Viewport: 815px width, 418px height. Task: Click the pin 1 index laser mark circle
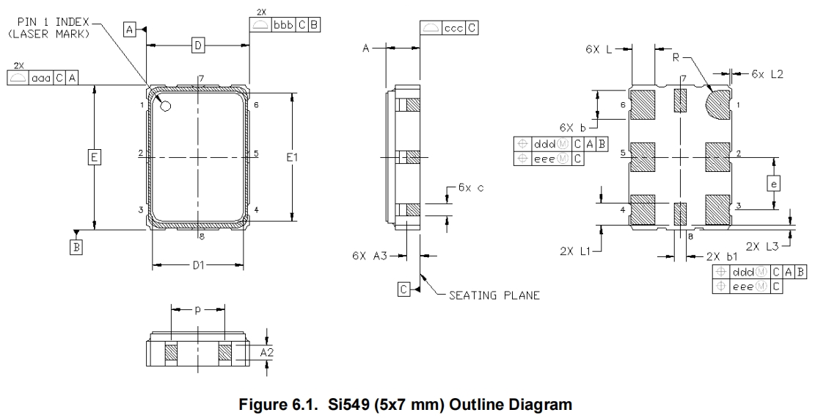(x=166, y=107)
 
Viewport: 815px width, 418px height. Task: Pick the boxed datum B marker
(x=76, y=248)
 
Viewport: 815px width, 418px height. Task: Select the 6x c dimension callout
(x=471, y=187)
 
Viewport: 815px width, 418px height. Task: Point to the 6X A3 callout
(x=368, y=256)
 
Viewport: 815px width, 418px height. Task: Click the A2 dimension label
(x=270, y=353)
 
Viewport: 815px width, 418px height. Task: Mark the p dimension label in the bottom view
(x=198, y=310)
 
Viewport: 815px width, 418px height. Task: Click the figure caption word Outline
(x=453, y=403)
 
